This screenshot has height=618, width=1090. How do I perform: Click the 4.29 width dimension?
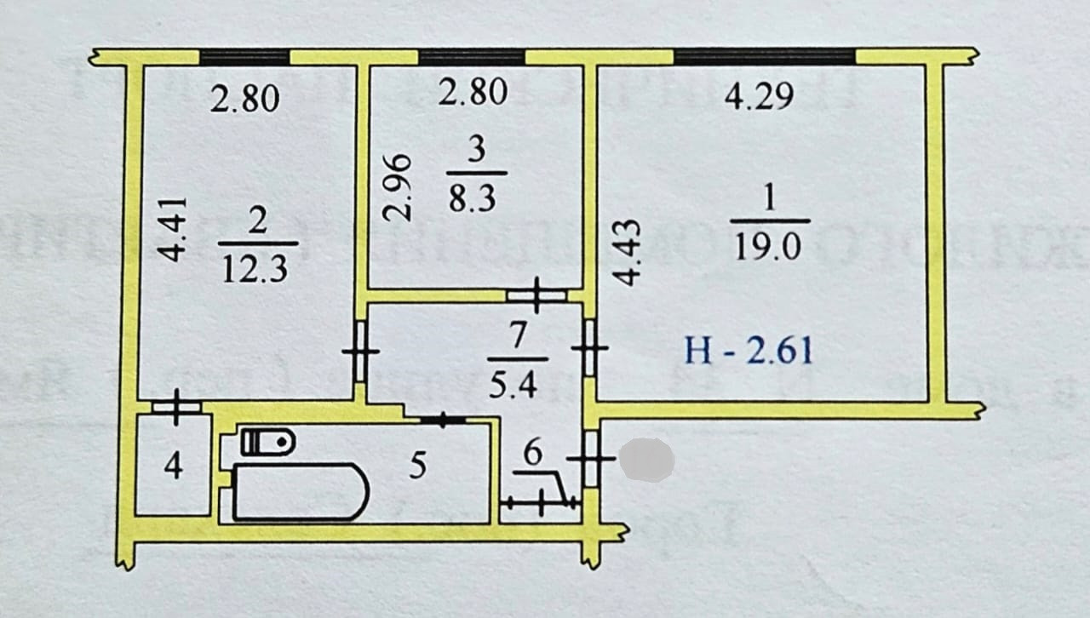coord(759,96)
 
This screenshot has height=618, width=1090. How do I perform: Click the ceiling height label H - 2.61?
coord(749,350)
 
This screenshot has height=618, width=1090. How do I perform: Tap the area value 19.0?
coord(767,247)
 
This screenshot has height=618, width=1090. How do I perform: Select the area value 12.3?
coord(255,269)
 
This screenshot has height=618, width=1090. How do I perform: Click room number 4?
coord(173,467)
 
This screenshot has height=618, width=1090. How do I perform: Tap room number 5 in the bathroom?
coord(416,466)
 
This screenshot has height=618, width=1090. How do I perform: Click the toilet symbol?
coord(267,441)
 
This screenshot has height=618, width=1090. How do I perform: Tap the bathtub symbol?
coord(300,491)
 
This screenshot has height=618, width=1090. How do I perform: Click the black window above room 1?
coord(764,57)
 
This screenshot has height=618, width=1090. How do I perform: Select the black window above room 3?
coord(472,57)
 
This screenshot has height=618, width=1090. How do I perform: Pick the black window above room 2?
coord(244,57)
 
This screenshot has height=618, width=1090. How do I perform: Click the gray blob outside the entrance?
coord(646,461)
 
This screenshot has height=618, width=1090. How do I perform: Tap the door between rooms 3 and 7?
coord(536,295)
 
